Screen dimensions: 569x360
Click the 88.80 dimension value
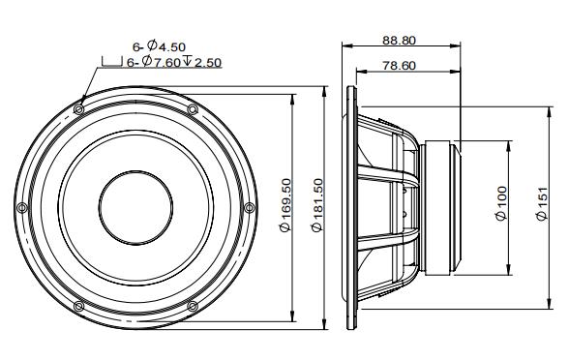[x=399, y=41]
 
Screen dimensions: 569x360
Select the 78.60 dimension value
[x=399, y=66]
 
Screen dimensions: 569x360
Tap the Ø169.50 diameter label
[x=286, y=205]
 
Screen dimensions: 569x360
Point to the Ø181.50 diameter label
[x=317, y=205]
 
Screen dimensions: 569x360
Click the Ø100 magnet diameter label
[x=501, y=203]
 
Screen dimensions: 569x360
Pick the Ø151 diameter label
[x=542, y=203]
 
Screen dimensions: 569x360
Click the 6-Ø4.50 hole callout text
[x=159, y=46]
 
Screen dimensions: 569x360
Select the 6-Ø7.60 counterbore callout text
[x=154, y=62]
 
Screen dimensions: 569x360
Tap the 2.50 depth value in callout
[x=208, y=63]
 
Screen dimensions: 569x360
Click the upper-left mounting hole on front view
[x=78, y=108]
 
